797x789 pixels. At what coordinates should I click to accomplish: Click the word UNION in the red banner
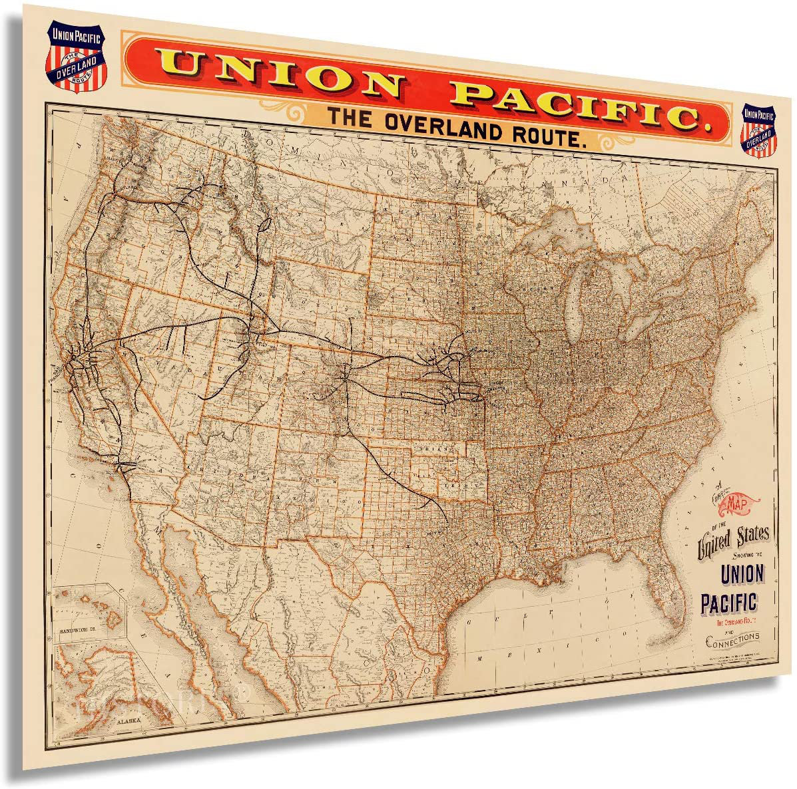tap(280, 71)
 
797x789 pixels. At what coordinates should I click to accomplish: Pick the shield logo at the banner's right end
tap(760, 128)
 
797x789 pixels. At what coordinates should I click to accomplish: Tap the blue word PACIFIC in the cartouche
tap(728, 602)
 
